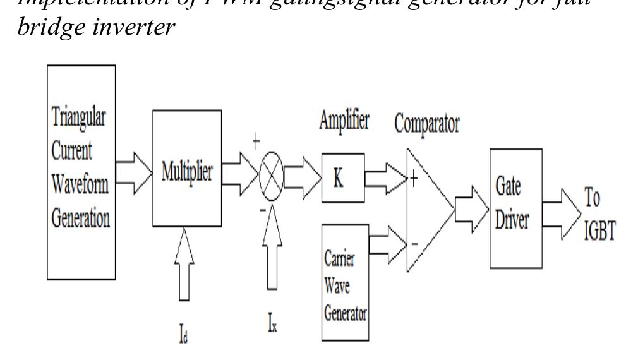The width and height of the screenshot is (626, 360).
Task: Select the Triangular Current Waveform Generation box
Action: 81,172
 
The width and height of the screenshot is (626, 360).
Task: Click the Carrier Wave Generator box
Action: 344,282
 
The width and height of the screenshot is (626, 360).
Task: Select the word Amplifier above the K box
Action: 344,121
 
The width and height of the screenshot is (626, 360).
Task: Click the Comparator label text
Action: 427,124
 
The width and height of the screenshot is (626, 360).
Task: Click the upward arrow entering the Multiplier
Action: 184,264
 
